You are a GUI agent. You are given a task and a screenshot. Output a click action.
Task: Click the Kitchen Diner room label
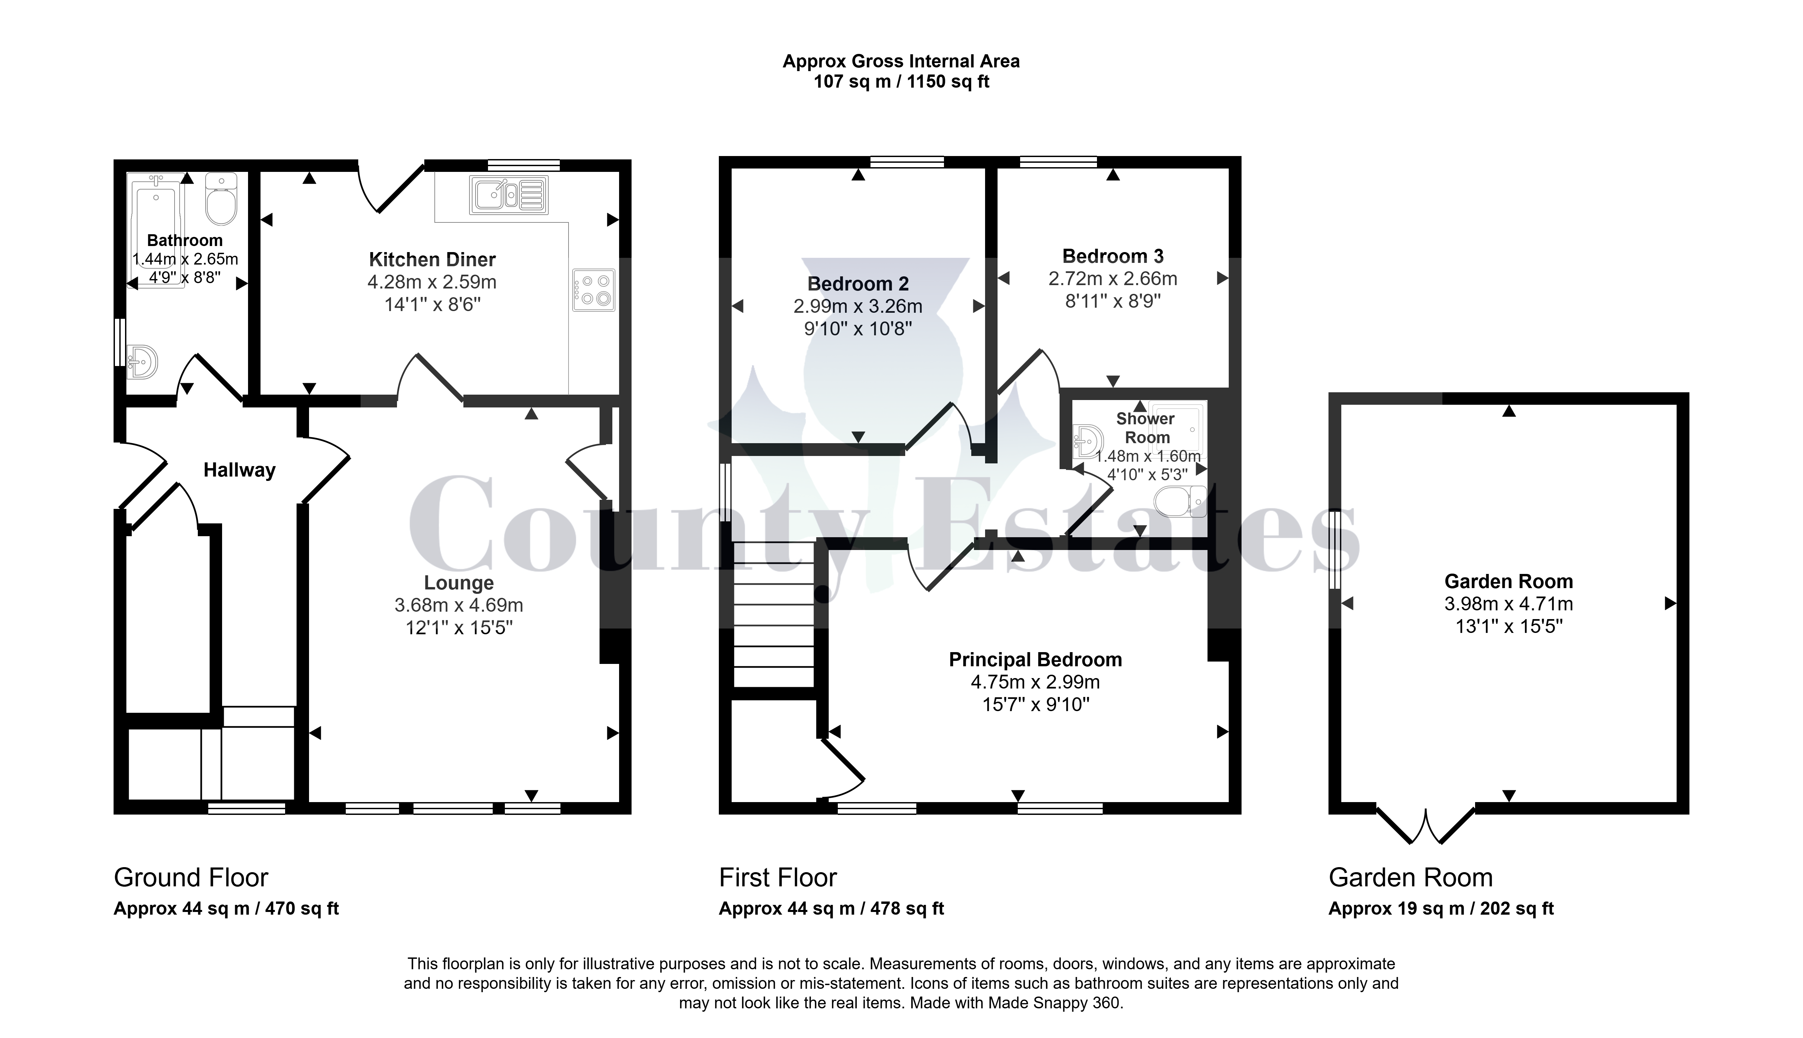pyautogui.click(x=432, y=259)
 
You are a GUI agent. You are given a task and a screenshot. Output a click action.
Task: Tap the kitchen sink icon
pyautogui.click(x=508, y=195)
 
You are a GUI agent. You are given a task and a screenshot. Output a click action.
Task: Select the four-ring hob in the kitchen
pyautogui.click(x=593, y=290)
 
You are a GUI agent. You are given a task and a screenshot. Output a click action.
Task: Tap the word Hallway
pyautogui.click(x=240, y=470)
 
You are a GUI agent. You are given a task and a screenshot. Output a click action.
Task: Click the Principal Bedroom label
pyautogui.click(x=1035, y=660)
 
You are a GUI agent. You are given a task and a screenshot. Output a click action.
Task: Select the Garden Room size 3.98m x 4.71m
pyautogui.click(x=1508, y=604)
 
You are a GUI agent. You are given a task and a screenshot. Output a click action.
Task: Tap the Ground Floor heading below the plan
pyautogui.click(x=191, y=878)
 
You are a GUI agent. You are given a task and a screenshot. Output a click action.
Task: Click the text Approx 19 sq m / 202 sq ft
pyautogui.click(x=1441, y=909)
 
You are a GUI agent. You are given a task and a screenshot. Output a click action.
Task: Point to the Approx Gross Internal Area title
pyautogui.click(x=901, y=61)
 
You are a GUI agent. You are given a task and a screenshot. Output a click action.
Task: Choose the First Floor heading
pyautogui.click(x=778, y=878)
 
